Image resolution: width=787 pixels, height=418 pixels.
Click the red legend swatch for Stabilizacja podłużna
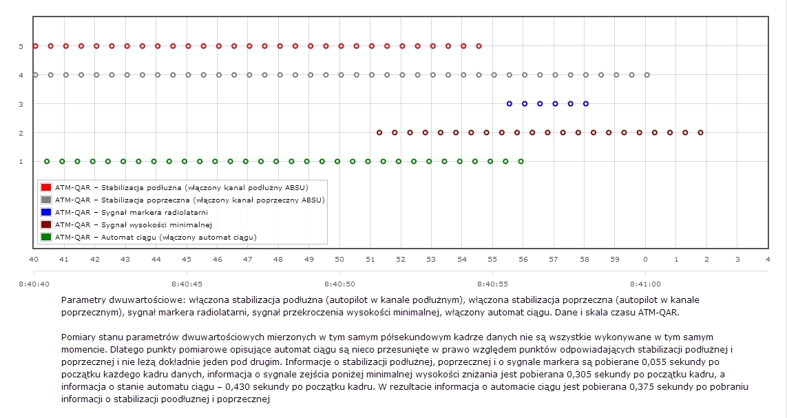point(46,187)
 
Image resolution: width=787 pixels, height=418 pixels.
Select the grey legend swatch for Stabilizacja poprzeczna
point(46,200)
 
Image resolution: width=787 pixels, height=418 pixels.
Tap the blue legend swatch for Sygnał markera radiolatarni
point(46,212)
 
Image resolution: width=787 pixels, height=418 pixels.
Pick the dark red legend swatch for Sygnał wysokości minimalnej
point(46,224)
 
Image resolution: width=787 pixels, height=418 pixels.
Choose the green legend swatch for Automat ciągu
point(46,237)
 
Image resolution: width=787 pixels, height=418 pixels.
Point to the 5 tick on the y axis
point(21,46)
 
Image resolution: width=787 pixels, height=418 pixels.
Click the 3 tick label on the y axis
point(21,104)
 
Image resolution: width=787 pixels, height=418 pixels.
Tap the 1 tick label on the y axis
point(21,162)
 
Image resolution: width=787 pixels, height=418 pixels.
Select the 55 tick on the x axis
point(492,259)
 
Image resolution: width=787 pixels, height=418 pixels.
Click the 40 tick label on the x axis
point(34,259)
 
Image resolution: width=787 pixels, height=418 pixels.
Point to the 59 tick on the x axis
point(615,259)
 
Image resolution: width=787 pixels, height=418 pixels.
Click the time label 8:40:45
point(187,283)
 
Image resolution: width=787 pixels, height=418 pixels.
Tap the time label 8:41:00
point(645,283)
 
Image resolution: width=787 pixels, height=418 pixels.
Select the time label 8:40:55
point(492,283)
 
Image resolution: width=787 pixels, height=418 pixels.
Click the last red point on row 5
point(479,46)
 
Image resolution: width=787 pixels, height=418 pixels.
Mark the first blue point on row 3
point(510,104)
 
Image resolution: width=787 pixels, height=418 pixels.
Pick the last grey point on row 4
point(647,74)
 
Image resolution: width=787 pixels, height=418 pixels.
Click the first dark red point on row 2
point(379,132)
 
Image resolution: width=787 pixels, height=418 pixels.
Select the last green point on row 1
point(521,161)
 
